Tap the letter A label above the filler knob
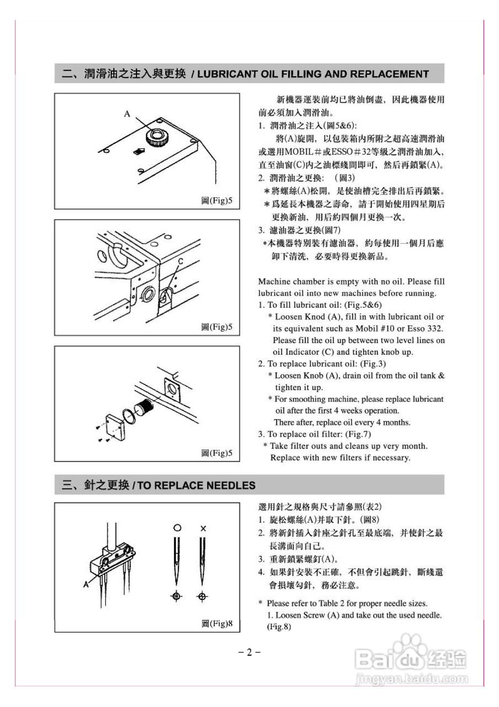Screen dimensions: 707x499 click(127, 114)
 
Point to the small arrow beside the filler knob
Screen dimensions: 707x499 click(138, 150)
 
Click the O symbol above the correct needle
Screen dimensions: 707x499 click(177, 528)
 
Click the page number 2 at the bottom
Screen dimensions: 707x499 click(249, 652)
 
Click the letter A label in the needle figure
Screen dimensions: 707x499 click(86, 583)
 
